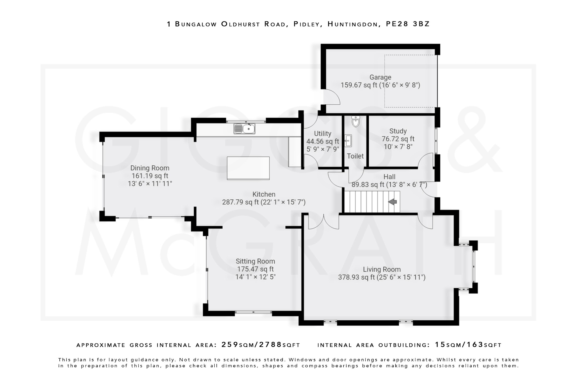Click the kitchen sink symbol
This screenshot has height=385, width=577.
tap(244, 129)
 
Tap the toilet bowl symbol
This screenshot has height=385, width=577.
tap(356, 122)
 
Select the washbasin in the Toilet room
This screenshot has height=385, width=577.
tap(349, 140)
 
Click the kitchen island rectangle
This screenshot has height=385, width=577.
tap(248, 168)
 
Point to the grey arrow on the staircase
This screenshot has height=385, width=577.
tap(392, 202)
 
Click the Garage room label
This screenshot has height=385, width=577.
tap(380, 77)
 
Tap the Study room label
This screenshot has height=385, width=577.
tap(398, 131)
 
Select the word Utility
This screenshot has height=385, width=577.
tap(323, 134)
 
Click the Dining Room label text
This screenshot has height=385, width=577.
tap(150, 168)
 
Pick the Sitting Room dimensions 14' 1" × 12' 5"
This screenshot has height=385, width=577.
tap(255, 277)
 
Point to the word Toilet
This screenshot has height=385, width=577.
tap(355, 156)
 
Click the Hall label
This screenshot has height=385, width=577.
tap(389, 177)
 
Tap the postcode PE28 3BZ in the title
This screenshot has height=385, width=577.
tap(408, 24)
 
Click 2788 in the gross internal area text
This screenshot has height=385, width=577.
tap(270, 345)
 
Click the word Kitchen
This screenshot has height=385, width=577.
tap(264, 194)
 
